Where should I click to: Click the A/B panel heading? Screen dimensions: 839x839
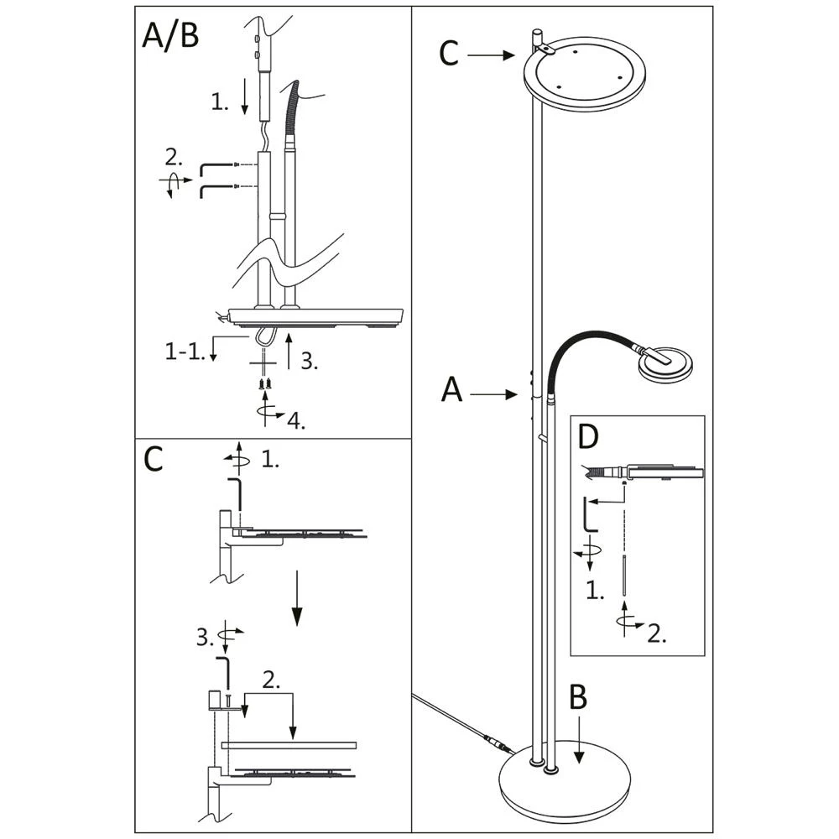[x=170, y=36]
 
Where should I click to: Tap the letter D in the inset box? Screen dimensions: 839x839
[x=589, y=436]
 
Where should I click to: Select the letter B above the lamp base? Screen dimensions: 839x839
[x=578, y=697]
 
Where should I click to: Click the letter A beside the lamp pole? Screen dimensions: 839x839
[x=451, y=389]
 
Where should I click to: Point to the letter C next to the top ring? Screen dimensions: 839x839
[x=448, y=54]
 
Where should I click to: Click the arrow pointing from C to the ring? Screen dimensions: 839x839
[x=491, y=55]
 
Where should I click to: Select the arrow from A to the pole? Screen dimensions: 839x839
[x=494, y=395]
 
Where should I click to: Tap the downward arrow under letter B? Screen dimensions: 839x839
[x=578, y=740]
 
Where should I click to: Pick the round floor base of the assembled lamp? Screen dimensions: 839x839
[x=565, y=785]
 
